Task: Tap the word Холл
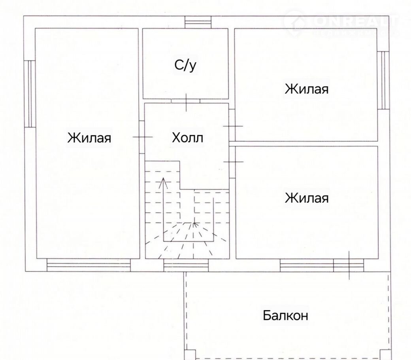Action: pos(187,138)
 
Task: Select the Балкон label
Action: pos(285,315)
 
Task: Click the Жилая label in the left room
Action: pos(89,138)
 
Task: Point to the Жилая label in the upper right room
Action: pos(307,89)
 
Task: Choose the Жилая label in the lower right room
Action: pos(307,198)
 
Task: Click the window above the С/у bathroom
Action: pos(198,22)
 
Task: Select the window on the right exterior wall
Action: pos(383,80)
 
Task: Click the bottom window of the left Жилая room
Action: pos(89,265)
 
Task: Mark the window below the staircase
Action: pos(186,265)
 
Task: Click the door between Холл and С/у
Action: pos(186,101)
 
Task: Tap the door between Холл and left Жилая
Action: pos(142,137)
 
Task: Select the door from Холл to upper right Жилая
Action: pos(232,126)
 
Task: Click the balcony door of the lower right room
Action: pos(349,265)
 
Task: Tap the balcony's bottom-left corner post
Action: pos(190,355)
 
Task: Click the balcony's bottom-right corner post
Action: pos(385,355)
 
